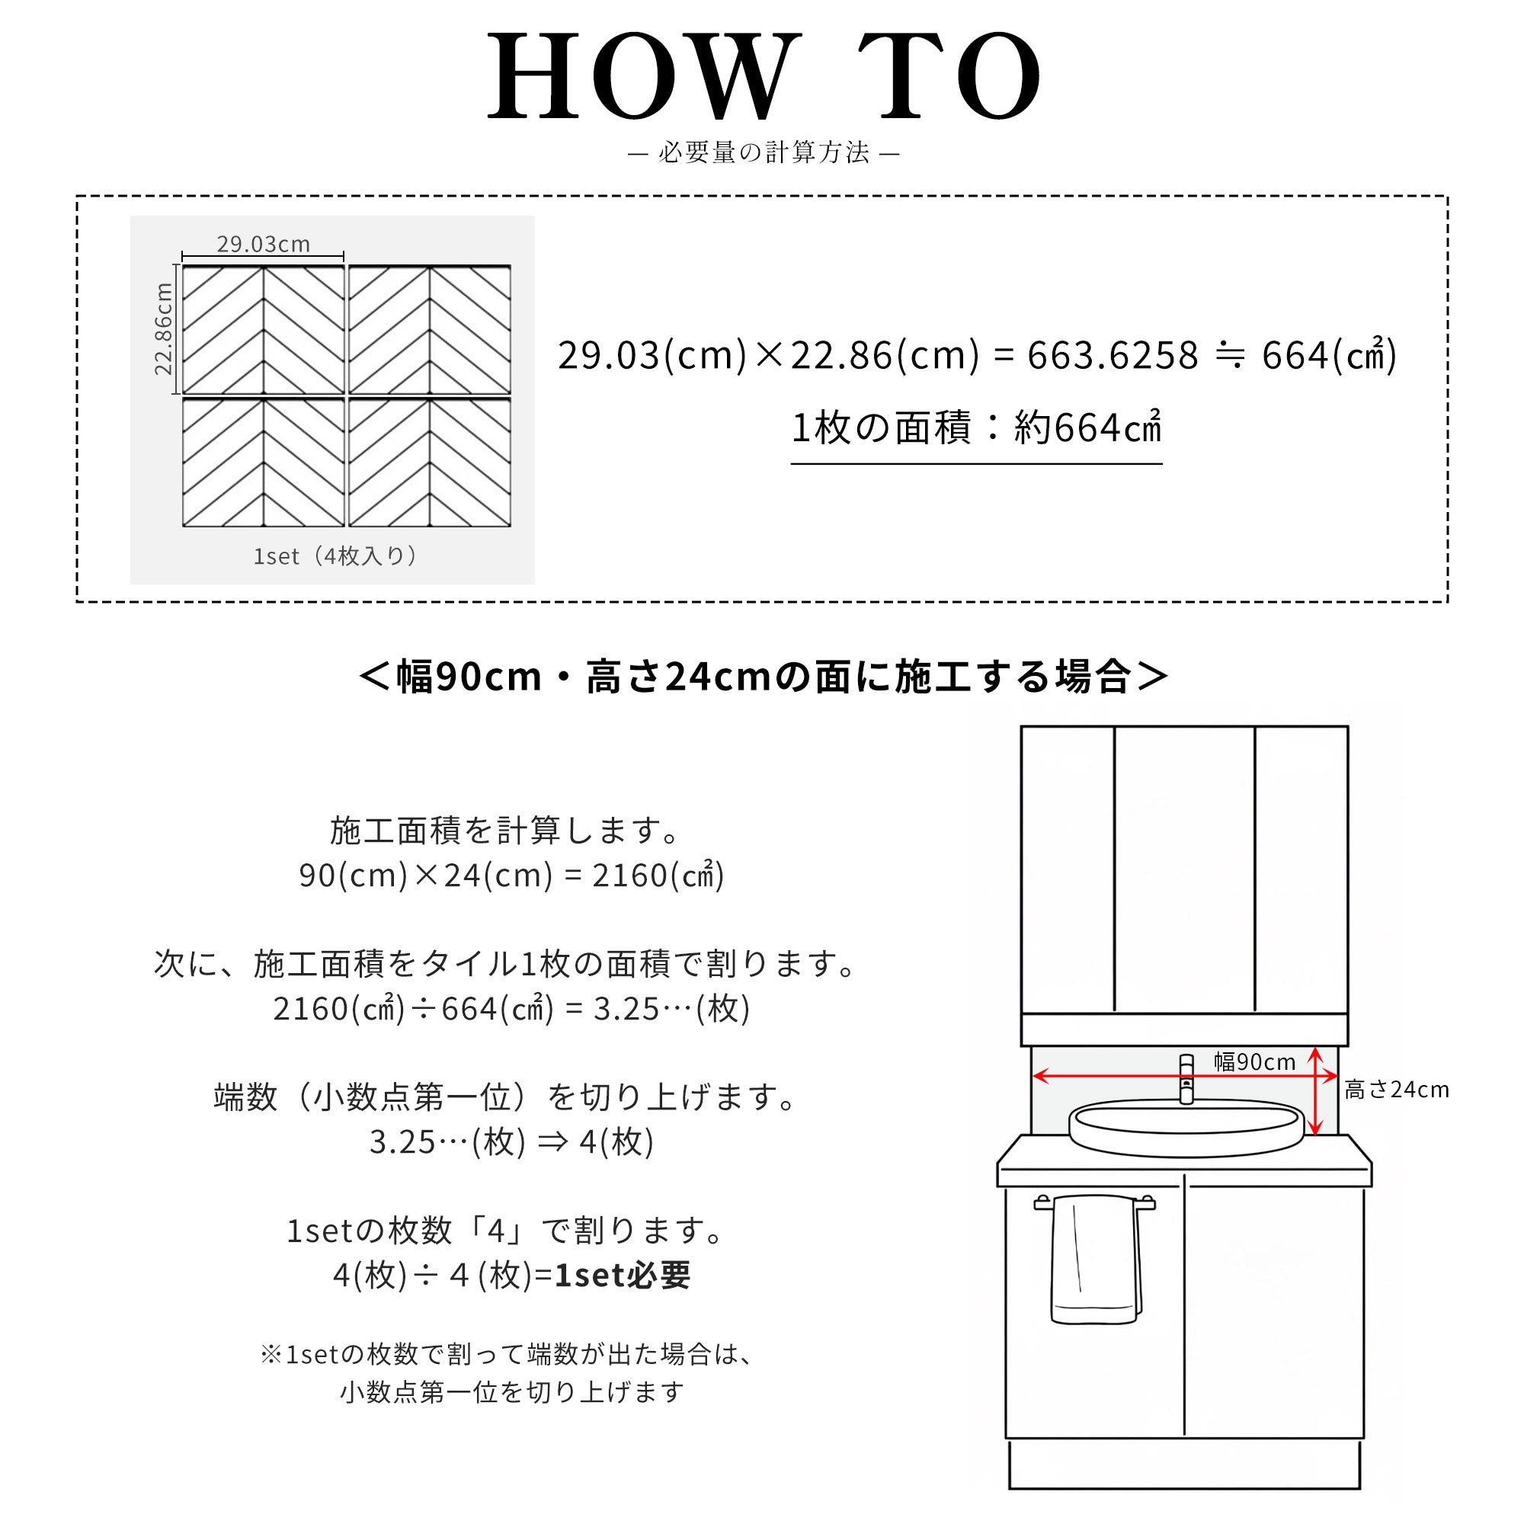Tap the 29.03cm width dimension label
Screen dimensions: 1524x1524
pyautogui.click(x=264, y=244)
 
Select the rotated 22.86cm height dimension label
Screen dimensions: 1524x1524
pyautogui.click(x=163, y=328)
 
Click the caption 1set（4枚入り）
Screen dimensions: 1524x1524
pyautogui.click(x=335, y=556)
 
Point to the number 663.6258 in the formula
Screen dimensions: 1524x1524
pyautogui.click(x=1113, y=355)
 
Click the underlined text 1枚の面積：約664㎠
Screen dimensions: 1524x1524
pyautogui.click(x=977, y=427)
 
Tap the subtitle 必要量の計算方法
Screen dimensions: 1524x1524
pyautogui.click(x=764, y=152)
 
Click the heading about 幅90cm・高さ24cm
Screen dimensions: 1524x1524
pyautogui.click(x=764, y=677)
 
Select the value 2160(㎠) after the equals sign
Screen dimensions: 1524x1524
pyautogui.click(x=658, y=875)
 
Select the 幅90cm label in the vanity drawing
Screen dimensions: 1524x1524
pyautogui.click(x=1254, y=1061)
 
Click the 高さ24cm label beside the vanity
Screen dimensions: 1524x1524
pyautogui.click(x=1397, y=1090)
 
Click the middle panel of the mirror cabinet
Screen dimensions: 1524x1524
pyautogui.click(x=1184, y=869)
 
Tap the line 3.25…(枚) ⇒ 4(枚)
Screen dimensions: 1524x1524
pyautogui.click(x=511, y=1141)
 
